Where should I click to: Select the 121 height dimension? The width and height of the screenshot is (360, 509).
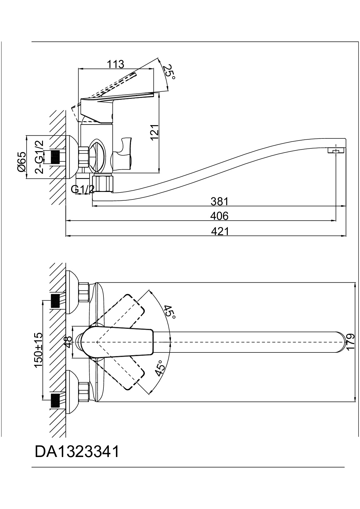coord(155,132)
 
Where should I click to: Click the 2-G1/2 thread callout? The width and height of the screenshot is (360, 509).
coord(39,157)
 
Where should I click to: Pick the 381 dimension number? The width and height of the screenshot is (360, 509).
coord(219,201)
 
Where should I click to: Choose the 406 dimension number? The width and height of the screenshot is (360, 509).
coord(219,216)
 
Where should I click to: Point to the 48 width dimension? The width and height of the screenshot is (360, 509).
coord(68,342)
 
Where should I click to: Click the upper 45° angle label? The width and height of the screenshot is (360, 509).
coord(170,312)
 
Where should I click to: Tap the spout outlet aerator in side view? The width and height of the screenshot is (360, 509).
coord(336,151)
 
